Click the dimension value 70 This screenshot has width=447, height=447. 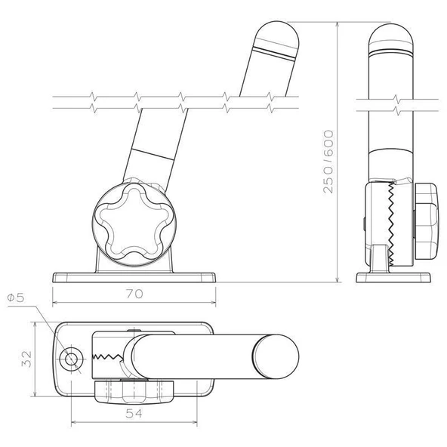134,294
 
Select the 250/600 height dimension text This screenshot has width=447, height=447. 328,162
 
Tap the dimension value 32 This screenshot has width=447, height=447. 26,359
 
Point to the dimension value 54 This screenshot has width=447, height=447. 134,414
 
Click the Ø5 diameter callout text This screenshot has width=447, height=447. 16,298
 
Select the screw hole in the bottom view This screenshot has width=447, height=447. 71,359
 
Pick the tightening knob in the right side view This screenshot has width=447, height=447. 426,221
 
